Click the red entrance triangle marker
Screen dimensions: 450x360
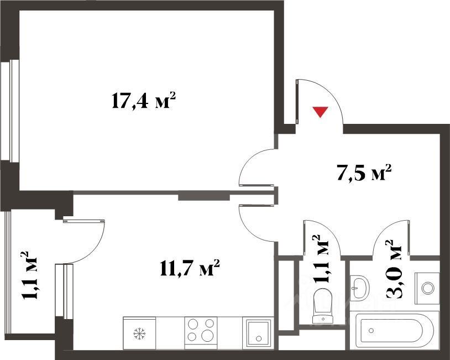click(320, 112)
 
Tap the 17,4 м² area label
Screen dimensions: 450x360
click(143, 101)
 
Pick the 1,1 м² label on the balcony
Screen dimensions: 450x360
click(29, 275)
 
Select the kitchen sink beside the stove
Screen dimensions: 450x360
click(258, 333)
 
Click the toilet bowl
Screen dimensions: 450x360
click(323, 305)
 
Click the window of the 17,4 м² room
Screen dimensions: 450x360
click(10, 111)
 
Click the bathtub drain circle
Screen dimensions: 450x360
click(372, 331)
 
